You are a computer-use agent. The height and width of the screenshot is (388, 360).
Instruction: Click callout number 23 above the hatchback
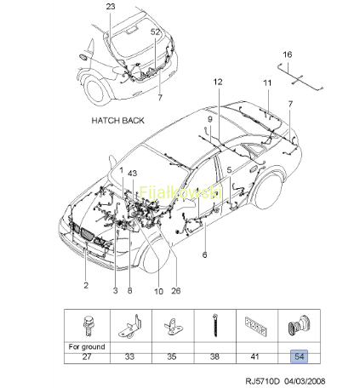(111, 6)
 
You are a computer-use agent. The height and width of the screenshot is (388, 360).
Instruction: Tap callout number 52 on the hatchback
(155, 31)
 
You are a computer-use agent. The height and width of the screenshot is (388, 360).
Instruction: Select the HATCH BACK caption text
(117, 121)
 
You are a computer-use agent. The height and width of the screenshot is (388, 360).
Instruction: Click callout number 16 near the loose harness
(288, 54)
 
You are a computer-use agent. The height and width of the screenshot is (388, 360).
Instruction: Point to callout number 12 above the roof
(218, 82)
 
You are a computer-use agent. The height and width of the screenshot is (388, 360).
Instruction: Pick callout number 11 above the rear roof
(267, 83)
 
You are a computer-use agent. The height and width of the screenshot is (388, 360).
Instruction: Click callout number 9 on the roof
(210, 119)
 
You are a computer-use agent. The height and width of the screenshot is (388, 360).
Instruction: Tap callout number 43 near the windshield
(132, 173)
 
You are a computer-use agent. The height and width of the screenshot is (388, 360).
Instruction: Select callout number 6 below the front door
(204, 254)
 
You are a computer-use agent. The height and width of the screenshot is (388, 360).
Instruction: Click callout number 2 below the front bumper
(86, 285)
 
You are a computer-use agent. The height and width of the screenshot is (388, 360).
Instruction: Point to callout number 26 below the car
(176, 291)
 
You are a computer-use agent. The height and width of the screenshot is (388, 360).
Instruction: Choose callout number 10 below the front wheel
(158, 291)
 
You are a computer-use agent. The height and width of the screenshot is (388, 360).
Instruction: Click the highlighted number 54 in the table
(299, 357)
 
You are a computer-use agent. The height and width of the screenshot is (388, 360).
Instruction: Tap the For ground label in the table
(87, 347)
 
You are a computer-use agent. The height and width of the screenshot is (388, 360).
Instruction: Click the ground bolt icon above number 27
(88, 327)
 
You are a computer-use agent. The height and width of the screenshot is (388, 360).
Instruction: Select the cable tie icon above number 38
(214, 325)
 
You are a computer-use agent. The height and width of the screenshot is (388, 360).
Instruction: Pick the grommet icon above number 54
(300, 325)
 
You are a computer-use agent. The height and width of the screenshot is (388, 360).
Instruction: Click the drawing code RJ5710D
(262, 381)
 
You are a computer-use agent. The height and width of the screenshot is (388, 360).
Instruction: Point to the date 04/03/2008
(305, 381)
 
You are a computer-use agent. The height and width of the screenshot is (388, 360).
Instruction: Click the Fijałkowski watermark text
(180, 192)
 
